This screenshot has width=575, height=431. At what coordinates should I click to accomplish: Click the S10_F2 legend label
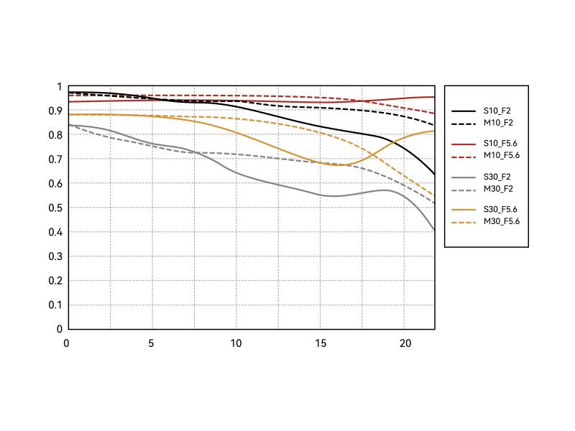point(497,111)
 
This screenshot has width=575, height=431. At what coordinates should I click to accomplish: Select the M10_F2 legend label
point(497,123)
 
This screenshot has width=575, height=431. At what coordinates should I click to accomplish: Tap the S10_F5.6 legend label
point(501,144)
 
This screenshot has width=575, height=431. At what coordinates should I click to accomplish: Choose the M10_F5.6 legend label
point(501,155)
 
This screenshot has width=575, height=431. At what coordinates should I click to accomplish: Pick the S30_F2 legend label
point(497,176)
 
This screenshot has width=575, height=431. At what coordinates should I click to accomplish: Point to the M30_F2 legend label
point(497,188)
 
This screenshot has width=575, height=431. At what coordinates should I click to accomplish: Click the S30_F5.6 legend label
point(501,209)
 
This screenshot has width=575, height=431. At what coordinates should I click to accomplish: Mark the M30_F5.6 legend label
point(501,221)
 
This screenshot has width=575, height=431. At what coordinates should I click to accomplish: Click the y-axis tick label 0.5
point(55,208)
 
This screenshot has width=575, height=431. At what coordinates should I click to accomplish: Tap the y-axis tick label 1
point(59,87)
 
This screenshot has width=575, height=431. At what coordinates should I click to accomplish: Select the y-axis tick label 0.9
point(55,111)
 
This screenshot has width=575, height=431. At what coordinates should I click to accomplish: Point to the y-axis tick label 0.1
point(55,305)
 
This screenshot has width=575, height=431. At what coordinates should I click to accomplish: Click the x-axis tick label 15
point(320,343)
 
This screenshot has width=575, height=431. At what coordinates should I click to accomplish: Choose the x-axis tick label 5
point(152,343)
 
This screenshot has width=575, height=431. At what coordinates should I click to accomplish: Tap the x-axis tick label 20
point(404,343)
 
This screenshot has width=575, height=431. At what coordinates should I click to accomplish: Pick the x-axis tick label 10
point(236,343)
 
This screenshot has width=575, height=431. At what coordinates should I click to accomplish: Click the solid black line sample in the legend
point(464,111)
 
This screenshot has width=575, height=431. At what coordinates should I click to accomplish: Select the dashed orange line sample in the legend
point(464,221)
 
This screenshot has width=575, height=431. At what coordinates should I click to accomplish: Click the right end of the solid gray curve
point(434,230)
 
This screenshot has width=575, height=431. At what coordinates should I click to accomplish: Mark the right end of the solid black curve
point(434,175)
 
